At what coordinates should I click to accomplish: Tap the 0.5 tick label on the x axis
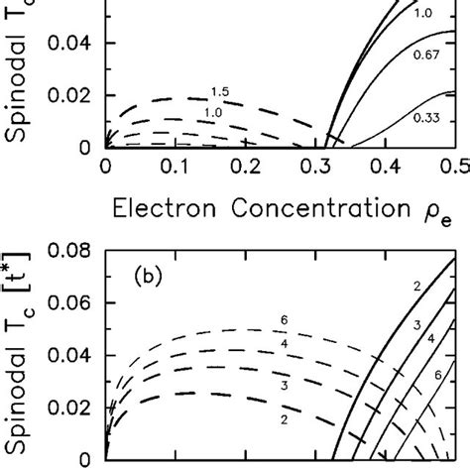click(x=458, y=168)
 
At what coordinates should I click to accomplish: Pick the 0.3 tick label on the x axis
click(x=317, y=168)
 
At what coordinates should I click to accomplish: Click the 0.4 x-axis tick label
click(x=388, y=168)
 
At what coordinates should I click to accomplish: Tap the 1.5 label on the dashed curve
click(x=219, y=92)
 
